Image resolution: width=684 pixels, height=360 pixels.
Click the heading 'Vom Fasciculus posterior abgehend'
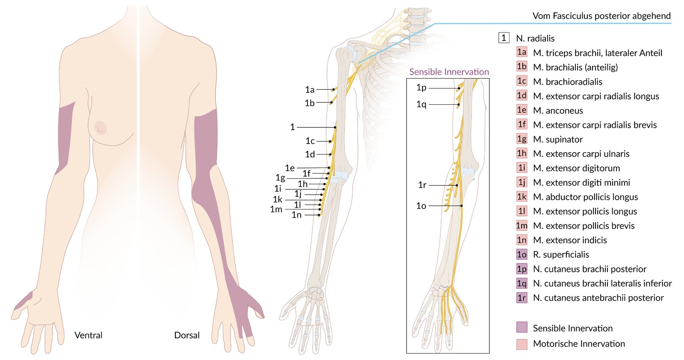pyautogui.click(x=601, y=16)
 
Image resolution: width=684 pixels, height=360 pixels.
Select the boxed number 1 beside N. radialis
pyautogui.click(x=504, y=38)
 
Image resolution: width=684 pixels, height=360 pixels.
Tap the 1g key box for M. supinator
pyautogui.click(x=522, y=139)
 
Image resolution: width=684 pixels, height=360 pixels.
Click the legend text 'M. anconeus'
pyautogui.click(x=558, y=111)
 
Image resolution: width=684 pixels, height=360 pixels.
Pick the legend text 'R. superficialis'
pyautogui.click(x=561, y=255)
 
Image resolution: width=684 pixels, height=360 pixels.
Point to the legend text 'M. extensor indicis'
pyautogui.click(x=570, y=240)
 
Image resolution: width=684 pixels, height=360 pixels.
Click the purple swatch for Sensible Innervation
pyautogui.click(x=522, y=327)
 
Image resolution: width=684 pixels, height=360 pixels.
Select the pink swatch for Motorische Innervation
pyautogui.click(x=522, y=344)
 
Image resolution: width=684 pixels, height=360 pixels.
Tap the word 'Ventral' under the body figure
pyautogui.click(x=88, y=335)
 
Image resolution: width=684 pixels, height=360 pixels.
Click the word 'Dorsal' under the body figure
pyautogui.click(x=186, y=335)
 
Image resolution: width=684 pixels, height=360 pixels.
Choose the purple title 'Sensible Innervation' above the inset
pyautogui.click(x=449, y=72)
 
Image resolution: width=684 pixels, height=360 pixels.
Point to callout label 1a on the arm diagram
pyautogui.click(x=310, y=89)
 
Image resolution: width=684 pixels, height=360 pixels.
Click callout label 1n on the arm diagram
pyautogui.click(x=297, y=215)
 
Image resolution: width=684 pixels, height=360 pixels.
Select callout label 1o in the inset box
pyautogui.click(x=421, y=206)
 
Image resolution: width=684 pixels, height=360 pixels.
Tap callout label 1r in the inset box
pyautogui.click(x=422, y=185)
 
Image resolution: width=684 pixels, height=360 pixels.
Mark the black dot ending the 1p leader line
pyautogui.click(x=459, y=89)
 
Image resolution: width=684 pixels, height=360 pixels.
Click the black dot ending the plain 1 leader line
pyautogui.click(x=335, y=127)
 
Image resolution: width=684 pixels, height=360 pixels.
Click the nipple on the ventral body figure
pyautogui.click(x=100, y=128)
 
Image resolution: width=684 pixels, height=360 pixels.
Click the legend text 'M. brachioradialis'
pyautogui.click(x=568, y=82)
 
